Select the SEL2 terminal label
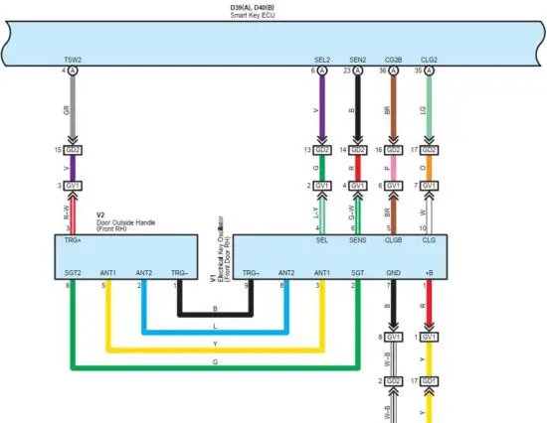pyautogui.click(x=321, y=60)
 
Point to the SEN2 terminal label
pyautogui.click(x=357, y=60)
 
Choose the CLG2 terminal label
pyautogui.click(x=429, y=60)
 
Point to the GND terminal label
pyautogui.click(x=393, y=272)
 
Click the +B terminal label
pyautogui.click(x=429, y=272)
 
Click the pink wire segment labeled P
pyautogui.click(x=393, y=170)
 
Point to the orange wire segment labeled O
pyautogui.click(x=429, y=170)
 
